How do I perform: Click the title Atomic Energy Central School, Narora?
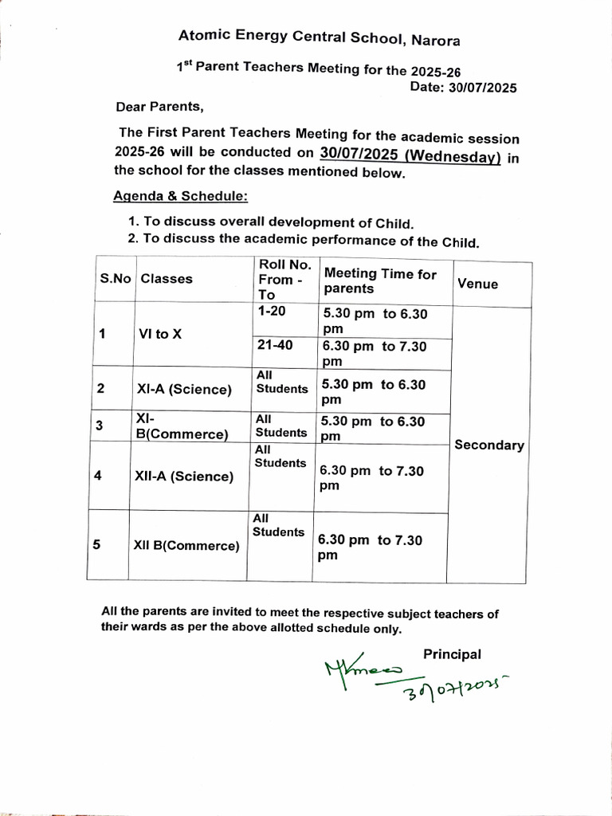click(319, 37)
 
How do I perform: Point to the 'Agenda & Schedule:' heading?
click(180, 196)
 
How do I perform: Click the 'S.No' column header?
click(116, 279)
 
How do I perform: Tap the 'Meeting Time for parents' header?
click(380, 280)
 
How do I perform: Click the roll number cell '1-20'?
click(272, 312)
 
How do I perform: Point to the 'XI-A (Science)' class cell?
click(184, 390)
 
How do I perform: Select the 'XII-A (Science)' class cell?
click(186, 477)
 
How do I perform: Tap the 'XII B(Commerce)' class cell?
click(187, 546)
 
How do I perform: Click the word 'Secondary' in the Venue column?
click(489, 445)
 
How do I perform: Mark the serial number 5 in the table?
click(96, 545)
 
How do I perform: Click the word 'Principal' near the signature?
click(452, 654)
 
